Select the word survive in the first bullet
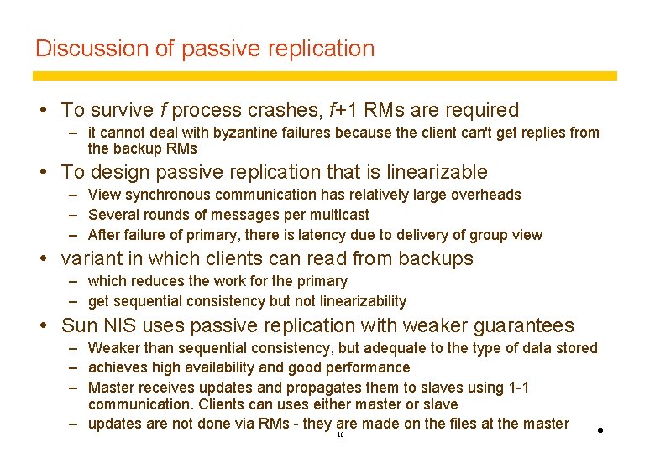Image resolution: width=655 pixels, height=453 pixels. click(121, 110)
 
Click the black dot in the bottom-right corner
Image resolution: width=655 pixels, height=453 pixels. click(601, 431)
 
